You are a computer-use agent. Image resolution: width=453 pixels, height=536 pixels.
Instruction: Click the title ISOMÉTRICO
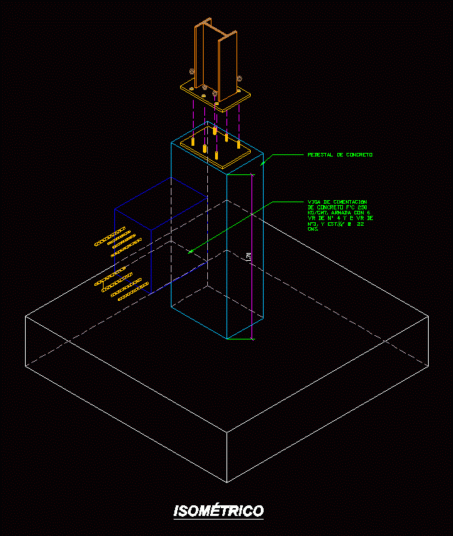(219, 511)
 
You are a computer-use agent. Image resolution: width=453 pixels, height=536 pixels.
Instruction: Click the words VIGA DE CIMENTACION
(337, 202)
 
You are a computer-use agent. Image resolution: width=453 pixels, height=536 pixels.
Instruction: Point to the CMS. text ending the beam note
(313, 229)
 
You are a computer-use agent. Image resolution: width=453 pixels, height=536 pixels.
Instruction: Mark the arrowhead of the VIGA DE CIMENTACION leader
(190, 252)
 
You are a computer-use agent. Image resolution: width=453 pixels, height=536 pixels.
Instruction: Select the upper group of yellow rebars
(114, 242)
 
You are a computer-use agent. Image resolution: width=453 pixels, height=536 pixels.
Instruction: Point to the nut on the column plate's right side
(240, 78)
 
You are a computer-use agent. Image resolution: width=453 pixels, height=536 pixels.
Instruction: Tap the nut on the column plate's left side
(191, 71)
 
